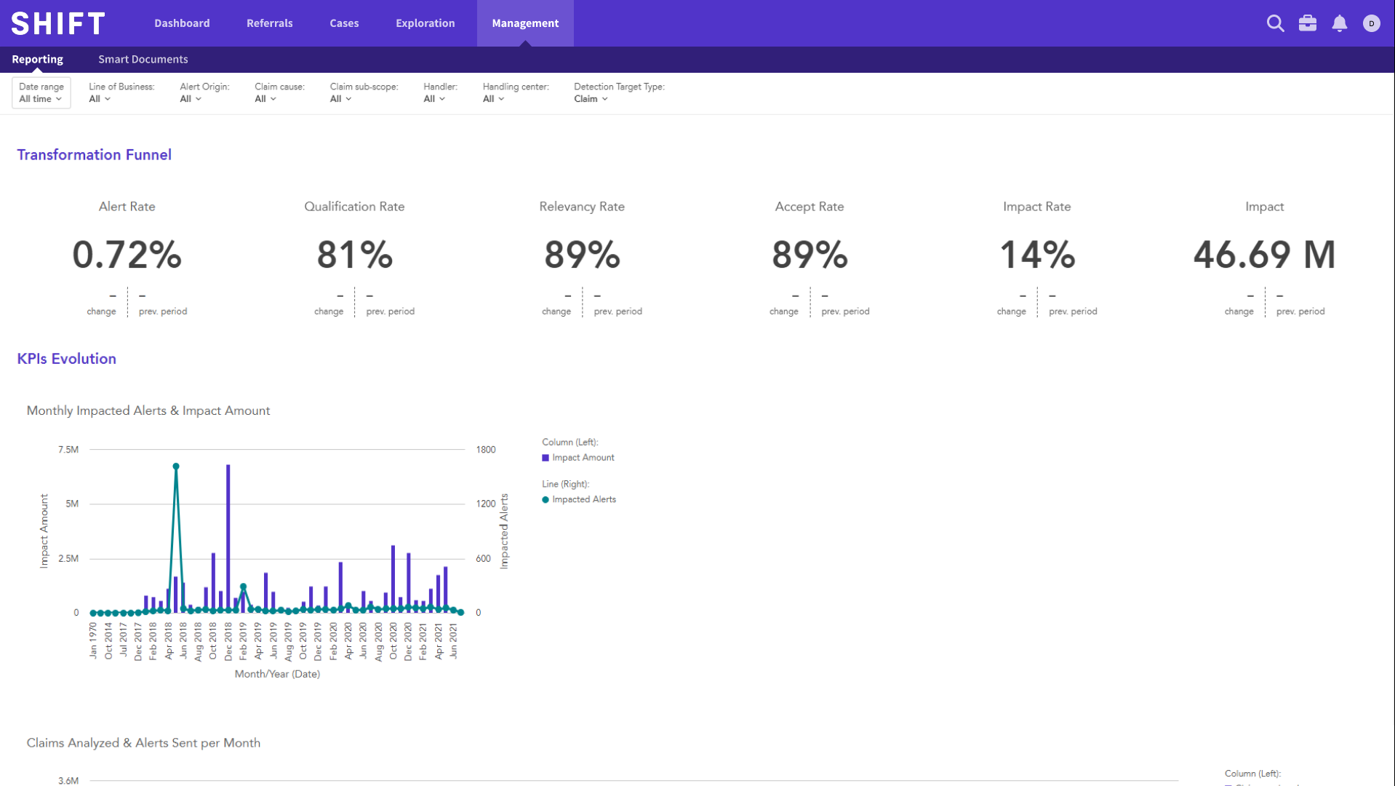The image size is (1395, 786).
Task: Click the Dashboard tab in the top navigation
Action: click(x=182, y=23)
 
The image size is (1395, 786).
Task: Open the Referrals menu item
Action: click(x=269, y=23)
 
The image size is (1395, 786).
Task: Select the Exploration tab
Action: click(x=425, y=23)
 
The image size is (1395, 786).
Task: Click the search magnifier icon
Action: click(x=1275, y=23)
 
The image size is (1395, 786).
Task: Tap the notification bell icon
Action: click(x=1339, y=23)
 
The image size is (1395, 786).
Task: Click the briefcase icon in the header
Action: click(x=1307, y=23)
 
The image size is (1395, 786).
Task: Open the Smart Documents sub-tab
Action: click(x=143, y=59)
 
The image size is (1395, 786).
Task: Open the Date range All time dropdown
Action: click(x=41, y=93)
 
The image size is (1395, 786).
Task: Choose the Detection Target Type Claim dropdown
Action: click(x=591, y=99)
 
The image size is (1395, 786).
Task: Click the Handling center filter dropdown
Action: click(x=493, y=99)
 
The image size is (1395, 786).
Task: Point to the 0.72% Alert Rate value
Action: click(x=127, y=255)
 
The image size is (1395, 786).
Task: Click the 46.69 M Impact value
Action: click(x=1264, y=255)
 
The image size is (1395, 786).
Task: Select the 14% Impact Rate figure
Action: click(x=1036, y=255)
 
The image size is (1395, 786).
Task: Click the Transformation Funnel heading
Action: click(x=94, y=154)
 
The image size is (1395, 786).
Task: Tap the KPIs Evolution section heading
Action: click(x=66, y=359)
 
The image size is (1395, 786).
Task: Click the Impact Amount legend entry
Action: click(x=582, y=458)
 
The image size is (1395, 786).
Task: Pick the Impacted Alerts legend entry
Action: click(x=583, y=499)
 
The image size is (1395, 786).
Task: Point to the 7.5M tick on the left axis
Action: click(x=68, y=450)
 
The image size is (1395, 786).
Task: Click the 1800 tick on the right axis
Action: click(x=486, y=450)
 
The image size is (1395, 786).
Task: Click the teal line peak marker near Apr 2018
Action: click(x=176, y=467)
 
